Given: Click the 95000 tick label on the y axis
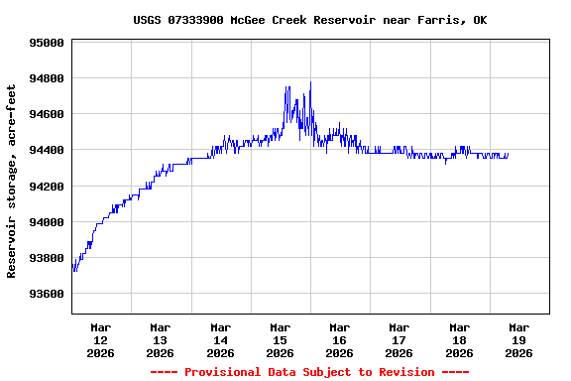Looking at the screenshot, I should (x=46, y=44).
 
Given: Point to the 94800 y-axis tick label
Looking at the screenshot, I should (x=46, y=79).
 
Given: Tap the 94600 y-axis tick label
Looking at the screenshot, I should (x=46, y=115).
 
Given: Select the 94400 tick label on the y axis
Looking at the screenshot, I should (x=46, y=151).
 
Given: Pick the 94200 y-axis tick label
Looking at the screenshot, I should (x=46, y=187).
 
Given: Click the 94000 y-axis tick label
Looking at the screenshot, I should (x=46, y=222).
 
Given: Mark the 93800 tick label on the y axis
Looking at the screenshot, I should (x=46, y=259).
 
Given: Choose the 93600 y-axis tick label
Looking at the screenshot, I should (x=46, y=295).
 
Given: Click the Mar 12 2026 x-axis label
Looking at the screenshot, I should (x=101, y=339).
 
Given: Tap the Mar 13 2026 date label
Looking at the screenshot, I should (x=161, y=339).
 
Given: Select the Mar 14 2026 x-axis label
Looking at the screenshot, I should (x=220, y=339).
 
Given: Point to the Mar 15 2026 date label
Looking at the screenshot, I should (x=280, y=339).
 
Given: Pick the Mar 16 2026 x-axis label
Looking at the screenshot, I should (x=340, y=339).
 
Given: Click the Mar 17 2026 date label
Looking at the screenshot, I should (x=400, y=339).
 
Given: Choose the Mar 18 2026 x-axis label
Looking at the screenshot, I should (x=459, y=339).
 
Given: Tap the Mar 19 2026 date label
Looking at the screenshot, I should (x=518, y=339).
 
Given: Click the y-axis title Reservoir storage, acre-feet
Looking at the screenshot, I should (x=12, y=181).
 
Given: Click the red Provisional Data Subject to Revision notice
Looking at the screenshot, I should (x=309, y=372).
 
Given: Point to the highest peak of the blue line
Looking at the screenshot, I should (x=310, y=82).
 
